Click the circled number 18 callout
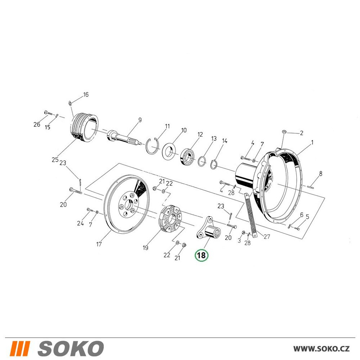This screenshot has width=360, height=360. [x=201, y=255]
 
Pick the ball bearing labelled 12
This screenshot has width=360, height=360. [x=188, y=157]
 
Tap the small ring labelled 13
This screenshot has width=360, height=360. [x=202, y=161]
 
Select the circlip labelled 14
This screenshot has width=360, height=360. [x=214, y=165]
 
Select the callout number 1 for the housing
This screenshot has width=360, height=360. [x=312, y=143]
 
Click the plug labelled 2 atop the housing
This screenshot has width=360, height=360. [x=284, y=131]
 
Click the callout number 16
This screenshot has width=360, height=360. [x=86, y=95]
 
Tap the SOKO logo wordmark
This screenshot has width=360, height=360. [x=71, y=348]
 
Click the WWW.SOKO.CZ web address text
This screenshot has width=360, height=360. [x=321, y=348]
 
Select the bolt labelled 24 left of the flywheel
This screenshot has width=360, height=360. [x=90, y=210]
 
